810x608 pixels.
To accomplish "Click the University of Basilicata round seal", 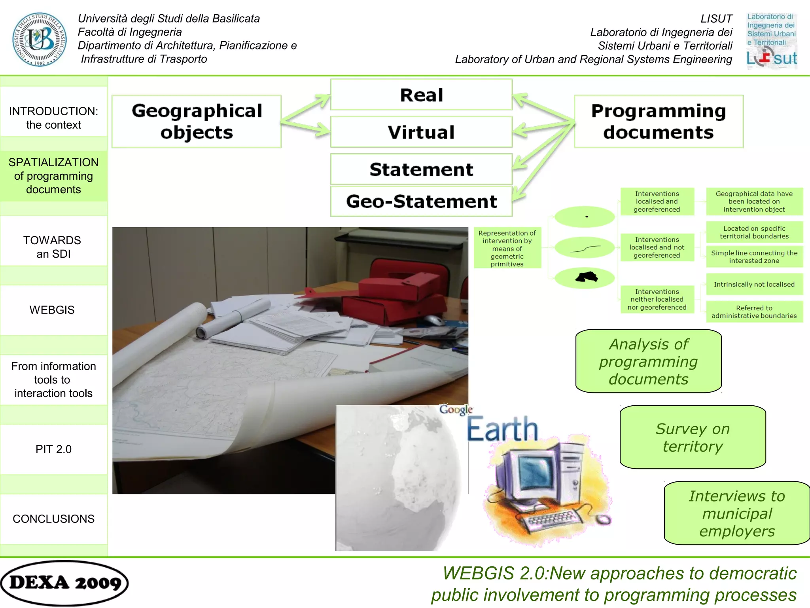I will [39, 39].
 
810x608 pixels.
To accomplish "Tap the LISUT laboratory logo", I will [772, 41].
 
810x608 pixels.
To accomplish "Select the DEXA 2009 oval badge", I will [64, 583].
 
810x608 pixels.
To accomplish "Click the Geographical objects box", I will [197, 122].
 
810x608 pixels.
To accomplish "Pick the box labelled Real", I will [421, 95].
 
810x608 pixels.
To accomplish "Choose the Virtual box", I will [421, 132].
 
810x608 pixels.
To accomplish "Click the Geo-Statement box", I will [421, 201].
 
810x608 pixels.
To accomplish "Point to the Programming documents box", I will [659, 122].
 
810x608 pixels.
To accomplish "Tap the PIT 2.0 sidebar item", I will [53, 449].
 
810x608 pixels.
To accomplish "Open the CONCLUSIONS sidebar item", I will [53, 519].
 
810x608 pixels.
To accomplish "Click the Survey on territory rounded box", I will [693, 437].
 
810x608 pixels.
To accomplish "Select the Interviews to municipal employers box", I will [737, 513].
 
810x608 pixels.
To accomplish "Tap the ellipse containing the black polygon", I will [585, 277].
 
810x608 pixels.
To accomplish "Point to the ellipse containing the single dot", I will [585, 217].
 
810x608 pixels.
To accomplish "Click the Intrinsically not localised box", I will [754, 284].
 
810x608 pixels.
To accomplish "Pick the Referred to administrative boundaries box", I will [754, 312].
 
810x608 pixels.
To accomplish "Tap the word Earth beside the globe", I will [502, 429].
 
